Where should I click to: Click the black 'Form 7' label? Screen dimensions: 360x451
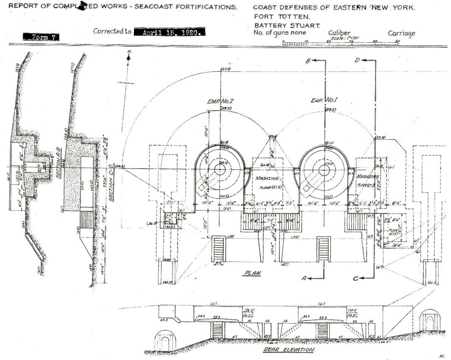pyautogui.click(x=40, y=37)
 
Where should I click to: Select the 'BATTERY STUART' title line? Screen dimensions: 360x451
pyautogui.click(x=287, y=25)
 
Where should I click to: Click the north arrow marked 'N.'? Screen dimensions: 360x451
pyautogui.click(x=129, y=57)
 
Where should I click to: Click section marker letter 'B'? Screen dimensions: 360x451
pyautogui.click(x=308, y=61)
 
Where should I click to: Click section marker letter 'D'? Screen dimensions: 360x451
pyautogui.click(x=357, y=61)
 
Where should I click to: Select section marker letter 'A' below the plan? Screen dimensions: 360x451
pyautogui.click(x=304, y=278)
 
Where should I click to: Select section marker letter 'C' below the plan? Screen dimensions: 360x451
pyautogui.click(x=355, y=279)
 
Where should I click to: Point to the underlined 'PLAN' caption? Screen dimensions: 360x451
pyautogui.click(x=253, y=273)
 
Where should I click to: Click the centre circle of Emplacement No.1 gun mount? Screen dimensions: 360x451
pyautogui.click(x=324, y=170)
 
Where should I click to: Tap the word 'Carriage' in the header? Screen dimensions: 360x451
pyautogui.click(x=401, y=33)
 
